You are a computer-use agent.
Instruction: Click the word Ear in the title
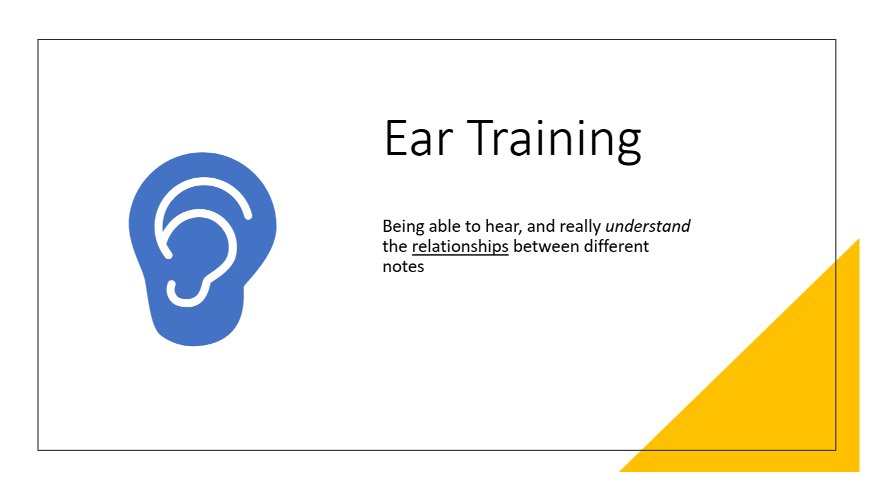[x=419, y=138]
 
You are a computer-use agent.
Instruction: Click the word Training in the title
[x=554, y=141]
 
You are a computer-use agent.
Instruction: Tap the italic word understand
[x=648, y=226]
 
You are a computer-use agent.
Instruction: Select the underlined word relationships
[x=460, y=247]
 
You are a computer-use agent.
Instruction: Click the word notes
[x=403, y=267]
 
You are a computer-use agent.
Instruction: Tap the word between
[x=546, y=246]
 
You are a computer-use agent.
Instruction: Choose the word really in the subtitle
[x=579, y=227]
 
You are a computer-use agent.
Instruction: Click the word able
[x=444, y=226]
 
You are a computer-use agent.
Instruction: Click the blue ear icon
[x=202, y=249]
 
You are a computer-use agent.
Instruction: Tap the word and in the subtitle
[x=541, y=226]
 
